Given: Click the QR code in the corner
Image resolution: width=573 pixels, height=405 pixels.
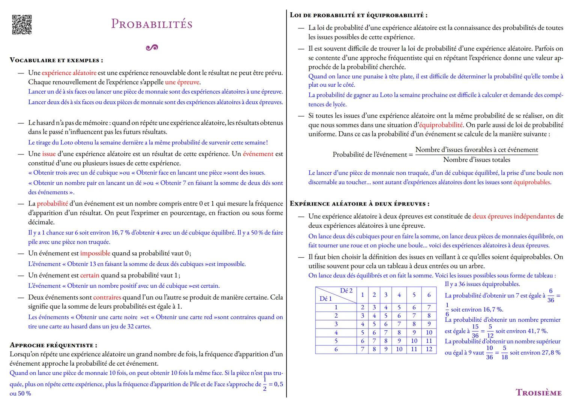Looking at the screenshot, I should coord(22,25).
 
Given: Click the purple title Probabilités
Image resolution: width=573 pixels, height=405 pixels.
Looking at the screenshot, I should coord(152,24).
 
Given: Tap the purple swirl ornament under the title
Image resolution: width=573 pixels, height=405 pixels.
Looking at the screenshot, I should coord(152,48).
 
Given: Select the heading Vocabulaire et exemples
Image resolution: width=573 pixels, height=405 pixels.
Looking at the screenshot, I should coord(56,60).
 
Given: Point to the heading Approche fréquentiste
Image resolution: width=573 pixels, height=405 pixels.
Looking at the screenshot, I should coord(53,345).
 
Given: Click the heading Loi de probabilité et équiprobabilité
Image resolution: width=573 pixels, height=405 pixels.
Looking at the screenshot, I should coord(358,15).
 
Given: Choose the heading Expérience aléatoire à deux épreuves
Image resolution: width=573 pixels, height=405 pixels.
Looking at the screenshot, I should coord(359,204).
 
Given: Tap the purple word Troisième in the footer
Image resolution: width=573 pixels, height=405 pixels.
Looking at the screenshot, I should coord(538,393).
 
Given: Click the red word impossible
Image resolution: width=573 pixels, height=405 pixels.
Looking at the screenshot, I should coord(95,253).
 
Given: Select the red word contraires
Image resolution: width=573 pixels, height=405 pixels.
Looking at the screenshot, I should coord(107,297).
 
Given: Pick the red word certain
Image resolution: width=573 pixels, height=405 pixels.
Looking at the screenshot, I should coord(90,275).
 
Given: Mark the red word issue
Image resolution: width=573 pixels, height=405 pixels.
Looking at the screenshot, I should coord(49,154).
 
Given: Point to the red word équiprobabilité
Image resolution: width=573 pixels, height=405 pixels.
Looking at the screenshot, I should coord(441,125).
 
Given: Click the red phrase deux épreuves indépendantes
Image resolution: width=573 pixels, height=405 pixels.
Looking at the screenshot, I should coord(513,216).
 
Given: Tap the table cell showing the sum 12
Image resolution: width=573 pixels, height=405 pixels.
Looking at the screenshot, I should coord(429,349).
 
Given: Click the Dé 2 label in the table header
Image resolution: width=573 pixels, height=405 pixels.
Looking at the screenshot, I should coord(346,291).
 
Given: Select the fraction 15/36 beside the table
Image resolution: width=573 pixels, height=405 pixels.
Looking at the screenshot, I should coord(475,331).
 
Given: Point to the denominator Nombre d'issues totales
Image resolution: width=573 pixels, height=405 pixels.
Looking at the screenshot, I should coord(477,160).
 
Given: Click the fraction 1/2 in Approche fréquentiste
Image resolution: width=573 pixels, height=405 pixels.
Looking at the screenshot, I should coord(265,384).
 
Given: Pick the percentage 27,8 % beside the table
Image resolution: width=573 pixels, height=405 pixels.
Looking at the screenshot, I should coord(551,353).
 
